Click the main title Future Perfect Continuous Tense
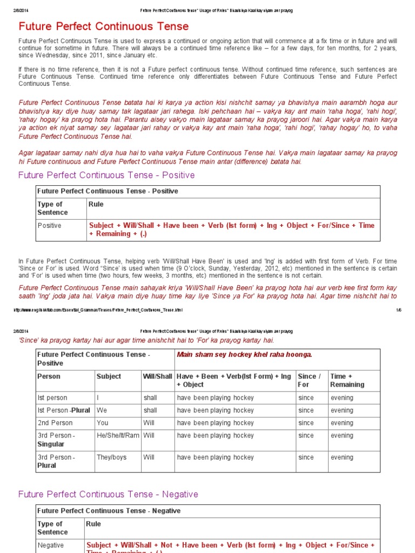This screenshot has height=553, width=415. coord(104,26)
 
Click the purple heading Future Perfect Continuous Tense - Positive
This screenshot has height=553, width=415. coord(106,176)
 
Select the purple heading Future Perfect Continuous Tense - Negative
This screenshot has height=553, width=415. coord(108,494)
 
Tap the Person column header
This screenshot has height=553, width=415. coord(49,376)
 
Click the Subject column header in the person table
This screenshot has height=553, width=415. coord(109,376)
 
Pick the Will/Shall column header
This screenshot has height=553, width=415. coord(158,376)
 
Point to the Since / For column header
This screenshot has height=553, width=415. coord(310,380)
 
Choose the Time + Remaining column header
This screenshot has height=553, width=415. coord(347,380)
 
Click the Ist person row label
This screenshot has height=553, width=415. coord(52,398)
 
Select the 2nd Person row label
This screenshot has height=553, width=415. coord(55,423)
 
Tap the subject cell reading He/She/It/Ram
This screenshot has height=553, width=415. coord(118,436)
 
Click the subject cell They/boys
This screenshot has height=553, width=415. coord(112,457)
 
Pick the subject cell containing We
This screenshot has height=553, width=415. coord(102,410)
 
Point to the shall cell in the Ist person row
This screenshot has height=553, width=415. coord(150,398)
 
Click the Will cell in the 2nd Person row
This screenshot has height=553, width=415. coord(149,423)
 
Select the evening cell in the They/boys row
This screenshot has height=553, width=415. coord(342,457)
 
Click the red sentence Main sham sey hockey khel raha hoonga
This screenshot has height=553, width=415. coord(245,354)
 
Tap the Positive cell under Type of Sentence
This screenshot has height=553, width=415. coord(49,226)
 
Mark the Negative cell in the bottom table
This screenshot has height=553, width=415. coord(50,545)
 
